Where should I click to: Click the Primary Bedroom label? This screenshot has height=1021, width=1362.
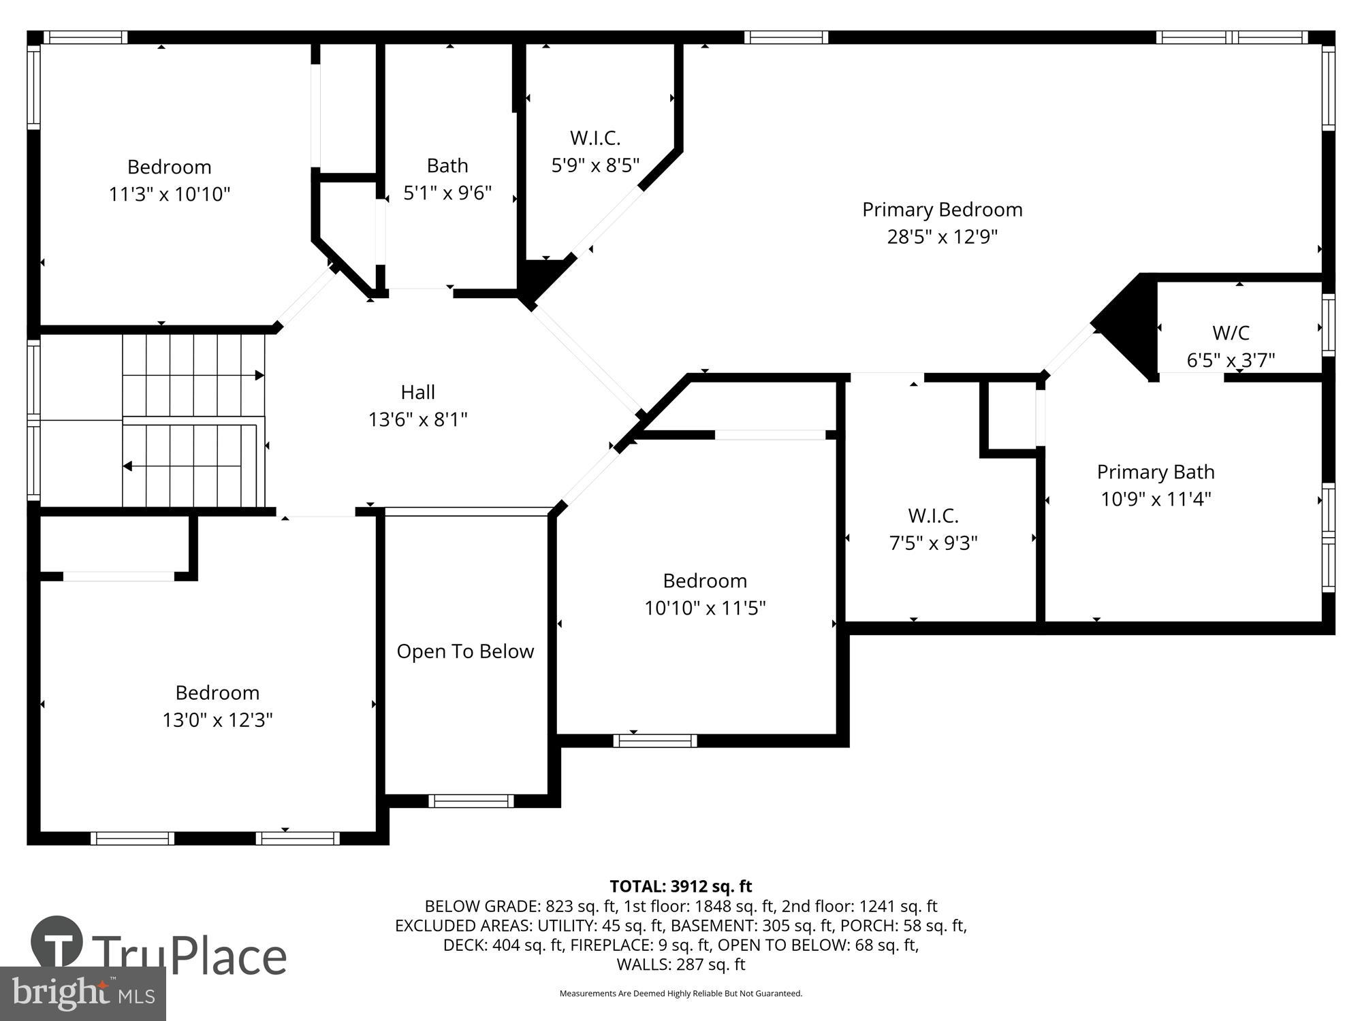942,210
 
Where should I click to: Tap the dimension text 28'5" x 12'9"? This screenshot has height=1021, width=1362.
942,237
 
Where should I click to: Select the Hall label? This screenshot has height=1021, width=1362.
417,392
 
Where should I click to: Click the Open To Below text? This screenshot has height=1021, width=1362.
465,651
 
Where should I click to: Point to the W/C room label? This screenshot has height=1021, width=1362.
1231,333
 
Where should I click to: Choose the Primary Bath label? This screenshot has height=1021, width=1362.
1155,472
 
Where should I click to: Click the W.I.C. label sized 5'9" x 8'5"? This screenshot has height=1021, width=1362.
595,138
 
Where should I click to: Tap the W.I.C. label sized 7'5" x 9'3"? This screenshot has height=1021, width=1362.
933,516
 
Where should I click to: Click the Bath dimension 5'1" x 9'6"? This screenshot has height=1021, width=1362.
447,193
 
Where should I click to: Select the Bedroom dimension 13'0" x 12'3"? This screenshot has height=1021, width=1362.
217,720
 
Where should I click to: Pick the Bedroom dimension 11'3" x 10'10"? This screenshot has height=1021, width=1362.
170,195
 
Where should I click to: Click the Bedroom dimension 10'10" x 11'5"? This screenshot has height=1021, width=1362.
705,608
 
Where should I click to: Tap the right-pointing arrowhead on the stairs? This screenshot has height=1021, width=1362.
259,375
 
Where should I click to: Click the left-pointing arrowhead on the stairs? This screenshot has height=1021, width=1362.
127,466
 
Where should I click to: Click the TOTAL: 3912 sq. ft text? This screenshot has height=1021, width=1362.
680,886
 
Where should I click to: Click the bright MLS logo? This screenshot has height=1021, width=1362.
82,993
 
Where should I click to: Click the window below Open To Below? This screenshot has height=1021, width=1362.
471,801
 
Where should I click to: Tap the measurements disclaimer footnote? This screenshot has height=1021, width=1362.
680,994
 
